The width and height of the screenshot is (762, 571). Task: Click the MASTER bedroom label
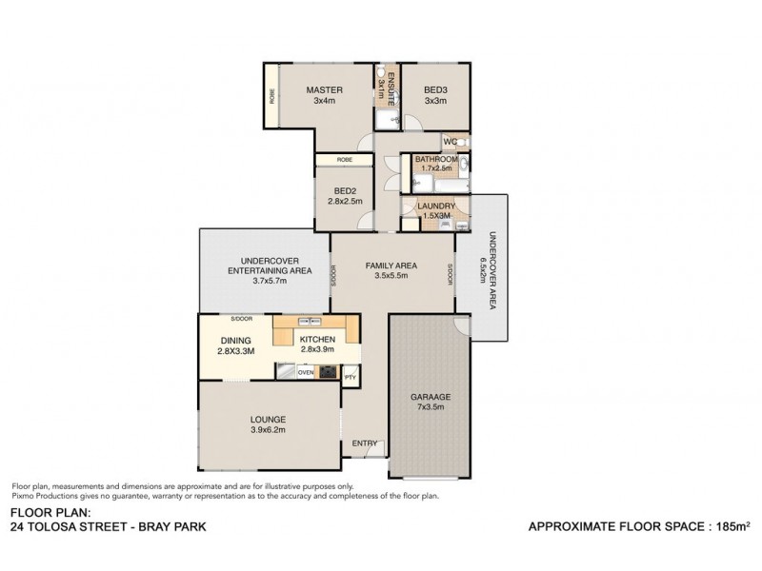[x=324, y=90]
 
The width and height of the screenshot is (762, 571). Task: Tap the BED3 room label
[x=435, y=90]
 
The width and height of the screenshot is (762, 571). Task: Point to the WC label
[x=451, y=142]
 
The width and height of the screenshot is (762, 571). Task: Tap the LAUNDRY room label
[x=434, y=206]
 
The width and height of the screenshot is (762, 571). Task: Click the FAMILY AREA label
[x=392, y=266]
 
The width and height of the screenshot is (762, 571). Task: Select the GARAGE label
[x=431, y=396]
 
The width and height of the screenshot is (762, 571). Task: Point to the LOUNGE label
[x=268, y=419]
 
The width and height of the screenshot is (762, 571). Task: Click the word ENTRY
[x=364, y=443]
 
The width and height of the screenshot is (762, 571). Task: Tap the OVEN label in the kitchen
[x=306, y=372]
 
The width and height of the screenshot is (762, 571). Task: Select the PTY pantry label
[x=350, y=377]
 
